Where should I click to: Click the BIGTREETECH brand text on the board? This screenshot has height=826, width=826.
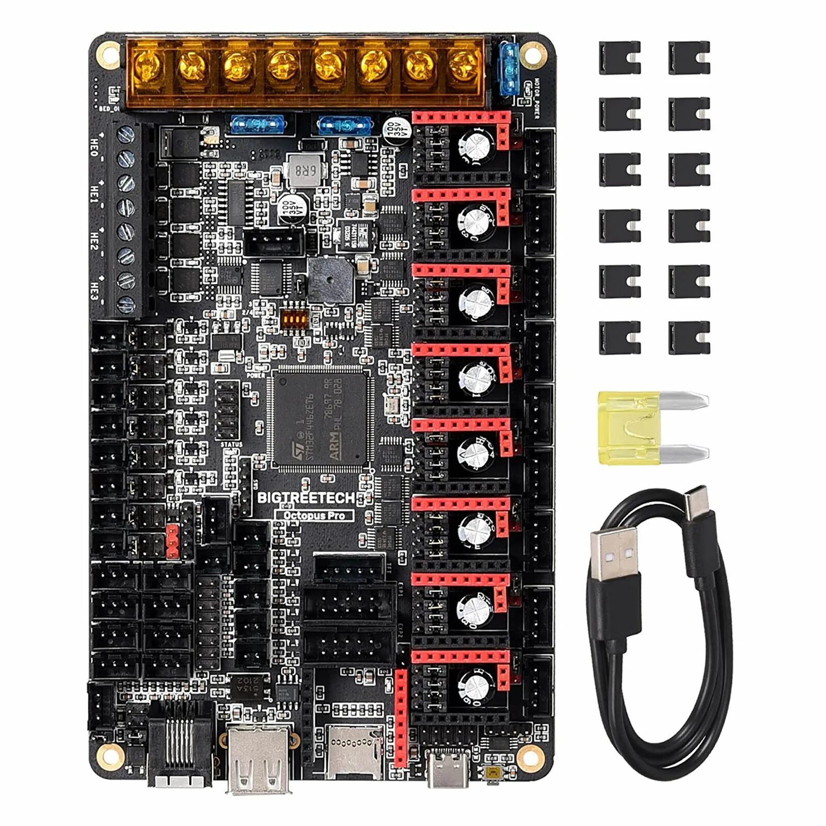[x=306, y=498]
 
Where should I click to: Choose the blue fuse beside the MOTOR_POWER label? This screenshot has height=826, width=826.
[x=509, y=70]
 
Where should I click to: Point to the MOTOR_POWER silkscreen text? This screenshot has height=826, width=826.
[x=536, y=98]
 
